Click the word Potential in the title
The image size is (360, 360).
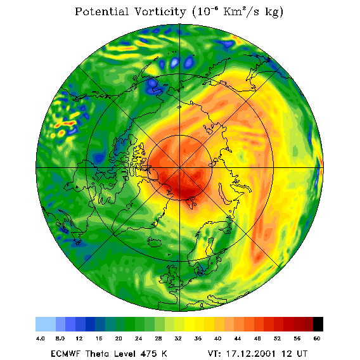click(x=101, y=11)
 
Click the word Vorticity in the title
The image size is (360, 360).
click(x=160, y=11)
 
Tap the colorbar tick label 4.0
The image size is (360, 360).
click(x=41, y=338)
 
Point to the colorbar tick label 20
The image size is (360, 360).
click(x=119, y=338)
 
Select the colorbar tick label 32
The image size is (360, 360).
click(x=178, y=338)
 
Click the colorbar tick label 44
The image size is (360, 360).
click(x=238, y=338)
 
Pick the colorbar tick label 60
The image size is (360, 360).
click(x=317, y=338)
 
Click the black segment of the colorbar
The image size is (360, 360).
click(x=318, y=324)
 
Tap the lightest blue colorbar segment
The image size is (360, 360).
click(x=46, y=324)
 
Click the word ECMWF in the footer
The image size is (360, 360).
click(x=65, y=354)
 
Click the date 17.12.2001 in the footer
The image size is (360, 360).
click(x=251, y=354)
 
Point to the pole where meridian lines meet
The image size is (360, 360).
click(x=179, y=168)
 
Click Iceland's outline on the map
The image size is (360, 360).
click(x=155, y=241)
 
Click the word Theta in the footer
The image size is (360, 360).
click(x=98, y=354)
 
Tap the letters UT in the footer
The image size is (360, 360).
click(x=301, y=354)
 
